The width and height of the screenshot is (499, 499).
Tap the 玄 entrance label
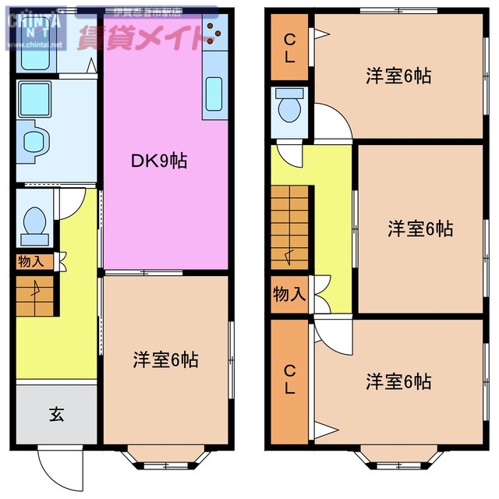tap(57, 414)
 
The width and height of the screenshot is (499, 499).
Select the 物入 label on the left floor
tap(31, 263)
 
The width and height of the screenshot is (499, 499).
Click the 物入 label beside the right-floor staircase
tap(289, 295)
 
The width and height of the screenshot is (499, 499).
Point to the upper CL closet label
tap(289, 46)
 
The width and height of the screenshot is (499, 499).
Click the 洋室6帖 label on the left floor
tap(165, 359)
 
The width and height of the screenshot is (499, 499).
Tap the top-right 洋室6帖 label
tap(398, 76)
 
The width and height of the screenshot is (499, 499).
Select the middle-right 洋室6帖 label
tap(420, 228)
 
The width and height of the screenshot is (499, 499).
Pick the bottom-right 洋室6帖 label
tap(398, 381)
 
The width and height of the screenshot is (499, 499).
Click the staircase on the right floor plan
tap(290, 225)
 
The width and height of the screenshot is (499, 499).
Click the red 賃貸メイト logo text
tap(148, 35)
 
